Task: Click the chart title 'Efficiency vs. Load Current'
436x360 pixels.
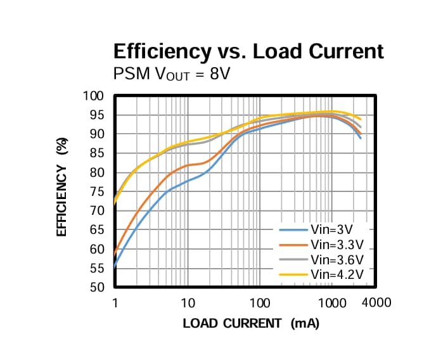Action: (248, 51)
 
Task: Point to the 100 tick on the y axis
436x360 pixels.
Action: (93, 96)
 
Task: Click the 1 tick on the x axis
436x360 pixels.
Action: (115, 303)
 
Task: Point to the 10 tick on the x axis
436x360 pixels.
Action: (187, 303)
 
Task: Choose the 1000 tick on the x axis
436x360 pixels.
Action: (331, 303)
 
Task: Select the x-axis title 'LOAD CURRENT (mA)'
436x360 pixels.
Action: (251, 324)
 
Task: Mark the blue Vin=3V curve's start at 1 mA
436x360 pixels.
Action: (115, 268)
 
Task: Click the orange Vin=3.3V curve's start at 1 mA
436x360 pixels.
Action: (115, 255)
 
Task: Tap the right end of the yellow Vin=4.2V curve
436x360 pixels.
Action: (361, 119)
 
